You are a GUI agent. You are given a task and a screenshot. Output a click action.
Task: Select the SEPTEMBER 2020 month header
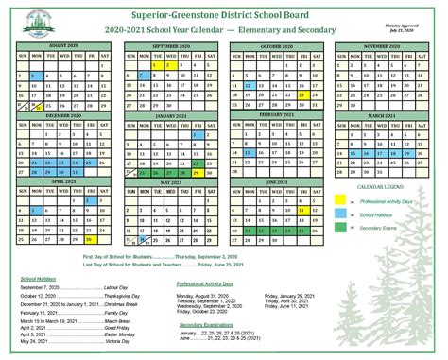tap(172, 45)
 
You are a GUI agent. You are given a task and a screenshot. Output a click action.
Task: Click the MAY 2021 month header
tap(172, 180)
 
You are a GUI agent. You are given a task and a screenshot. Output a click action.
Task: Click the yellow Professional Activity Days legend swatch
tap(341, 201)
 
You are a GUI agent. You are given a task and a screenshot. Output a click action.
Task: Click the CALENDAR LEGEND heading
tap(378, 188)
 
